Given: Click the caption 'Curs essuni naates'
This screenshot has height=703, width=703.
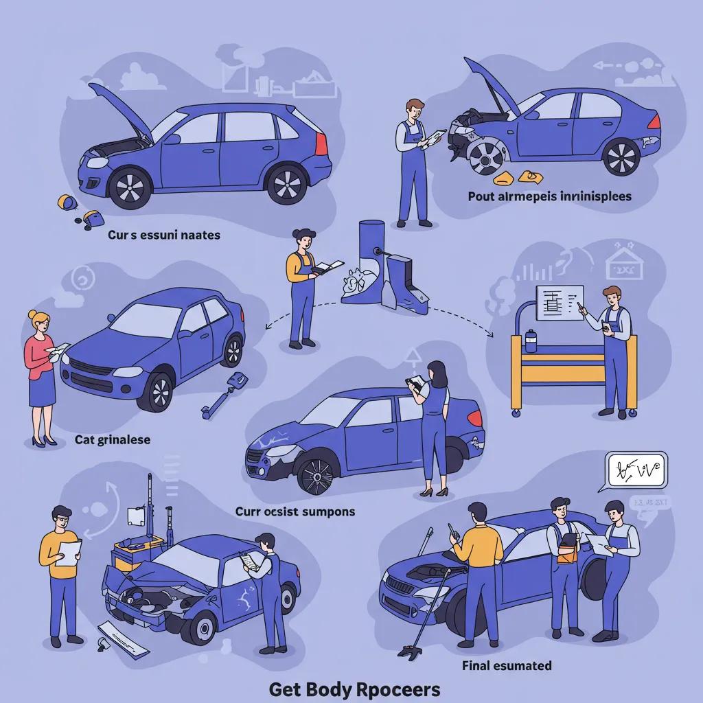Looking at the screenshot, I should click(x=163, y=235).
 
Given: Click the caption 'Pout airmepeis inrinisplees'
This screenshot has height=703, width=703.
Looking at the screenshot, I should click(x=549, y=196).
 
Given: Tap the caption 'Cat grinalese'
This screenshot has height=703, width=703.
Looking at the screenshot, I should click(x=112, y=439).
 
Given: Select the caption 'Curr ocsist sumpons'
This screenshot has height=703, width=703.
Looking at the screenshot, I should click(x=295, y=511).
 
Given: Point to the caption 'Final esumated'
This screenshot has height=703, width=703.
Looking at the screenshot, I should click(x=507, y=665).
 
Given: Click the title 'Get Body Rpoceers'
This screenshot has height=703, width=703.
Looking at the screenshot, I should click(x=354, y=689).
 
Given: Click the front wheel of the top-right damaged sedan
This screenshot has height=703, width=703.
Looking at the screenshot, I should click(x=487, y=155).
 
